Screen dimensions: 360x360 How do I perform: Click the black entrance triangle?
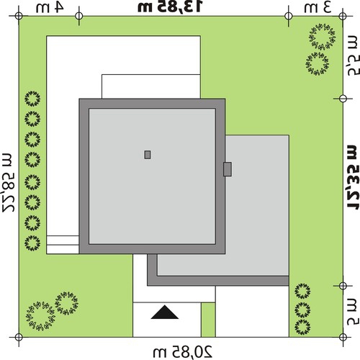pos(165,312)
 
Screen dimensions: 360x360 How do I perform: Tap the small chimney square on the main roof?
pos(148,155)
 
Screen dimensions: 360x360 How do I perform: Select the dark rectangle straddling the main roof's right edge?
pos(228,169)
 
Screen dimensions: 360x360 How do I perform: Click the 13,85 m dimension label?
pos(170,6)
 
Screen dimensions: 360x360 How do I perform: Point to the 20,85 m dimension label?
pos(183,352)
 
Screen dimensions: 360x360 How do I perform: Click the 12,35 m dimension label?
pos(354,177)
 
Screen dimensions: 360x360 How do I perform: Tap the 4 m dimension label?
pos(50,7)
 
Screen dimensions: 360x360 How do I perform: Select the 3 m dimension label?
pos(318,7)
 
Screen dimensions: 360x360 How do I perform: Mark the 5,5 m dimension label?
pos(354,55)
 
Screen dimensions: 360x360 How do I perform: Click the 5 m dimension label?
pos(354,312)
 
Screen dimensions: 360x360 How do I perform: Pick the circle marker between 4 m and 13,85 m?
pos(79,16)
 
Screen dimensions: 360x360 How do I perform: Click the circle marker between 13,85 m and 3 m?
pos(289,16)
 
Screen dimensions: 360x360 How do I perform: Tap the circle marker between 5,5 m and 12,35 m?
pos(343,99)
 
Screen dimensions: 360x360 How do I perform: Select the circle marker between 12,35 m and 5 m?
pos(343,286)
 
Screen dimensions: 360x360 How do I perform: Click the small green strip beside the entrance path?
pos(208,320)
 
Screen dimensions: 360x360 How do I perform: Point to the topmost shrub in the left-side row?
pos(32,99)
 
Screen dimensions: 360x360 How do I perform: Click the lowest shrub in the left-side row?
pos(32,243)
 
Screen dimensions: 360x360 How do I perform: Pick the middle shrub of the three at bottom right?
pos(302,310)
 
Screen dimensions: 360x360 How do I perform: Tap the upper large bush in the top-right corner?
pos(323,37)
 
